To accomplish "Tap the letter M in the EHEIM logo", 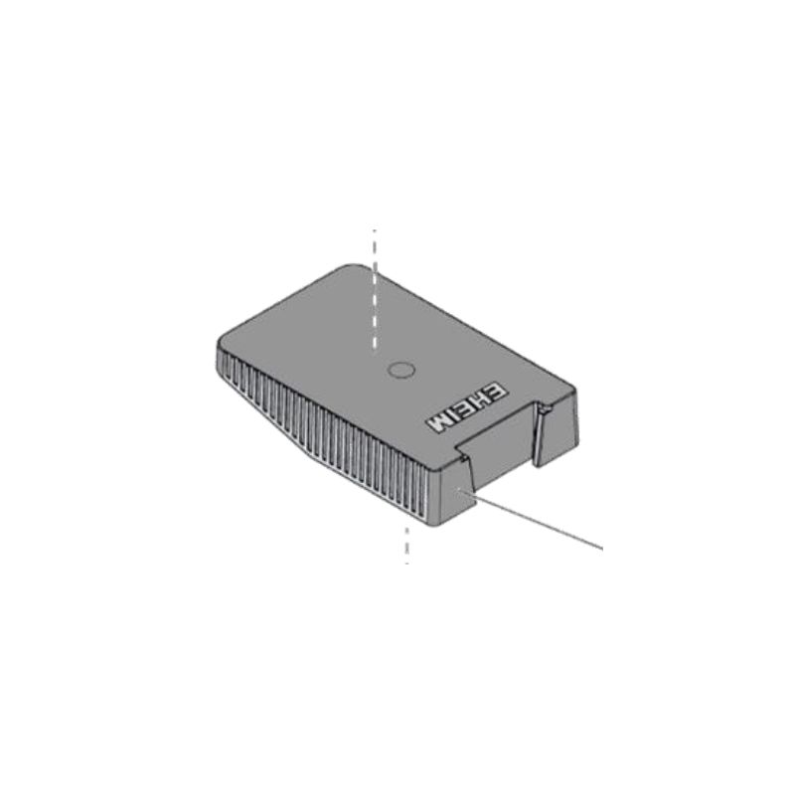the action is pos(438,422).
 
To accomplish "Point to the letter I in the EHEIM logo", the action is pos(454,414).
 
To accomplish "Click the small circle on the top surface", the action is pos(401,370).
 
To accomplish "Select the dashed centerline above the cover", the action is pos(375,290).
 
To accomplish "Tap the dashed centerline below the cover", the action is pos(406,545).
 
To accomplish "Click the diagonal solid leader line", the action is pos(530,519).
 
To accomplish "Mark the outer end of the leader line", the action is pos(602,549).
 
